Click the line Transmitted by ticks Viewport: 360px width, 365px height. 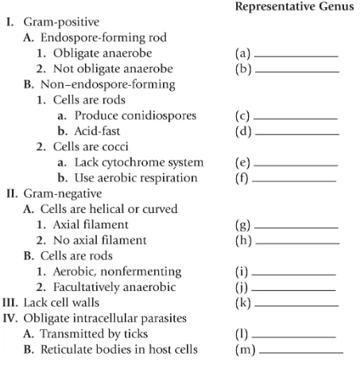(x=102, y=332)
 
